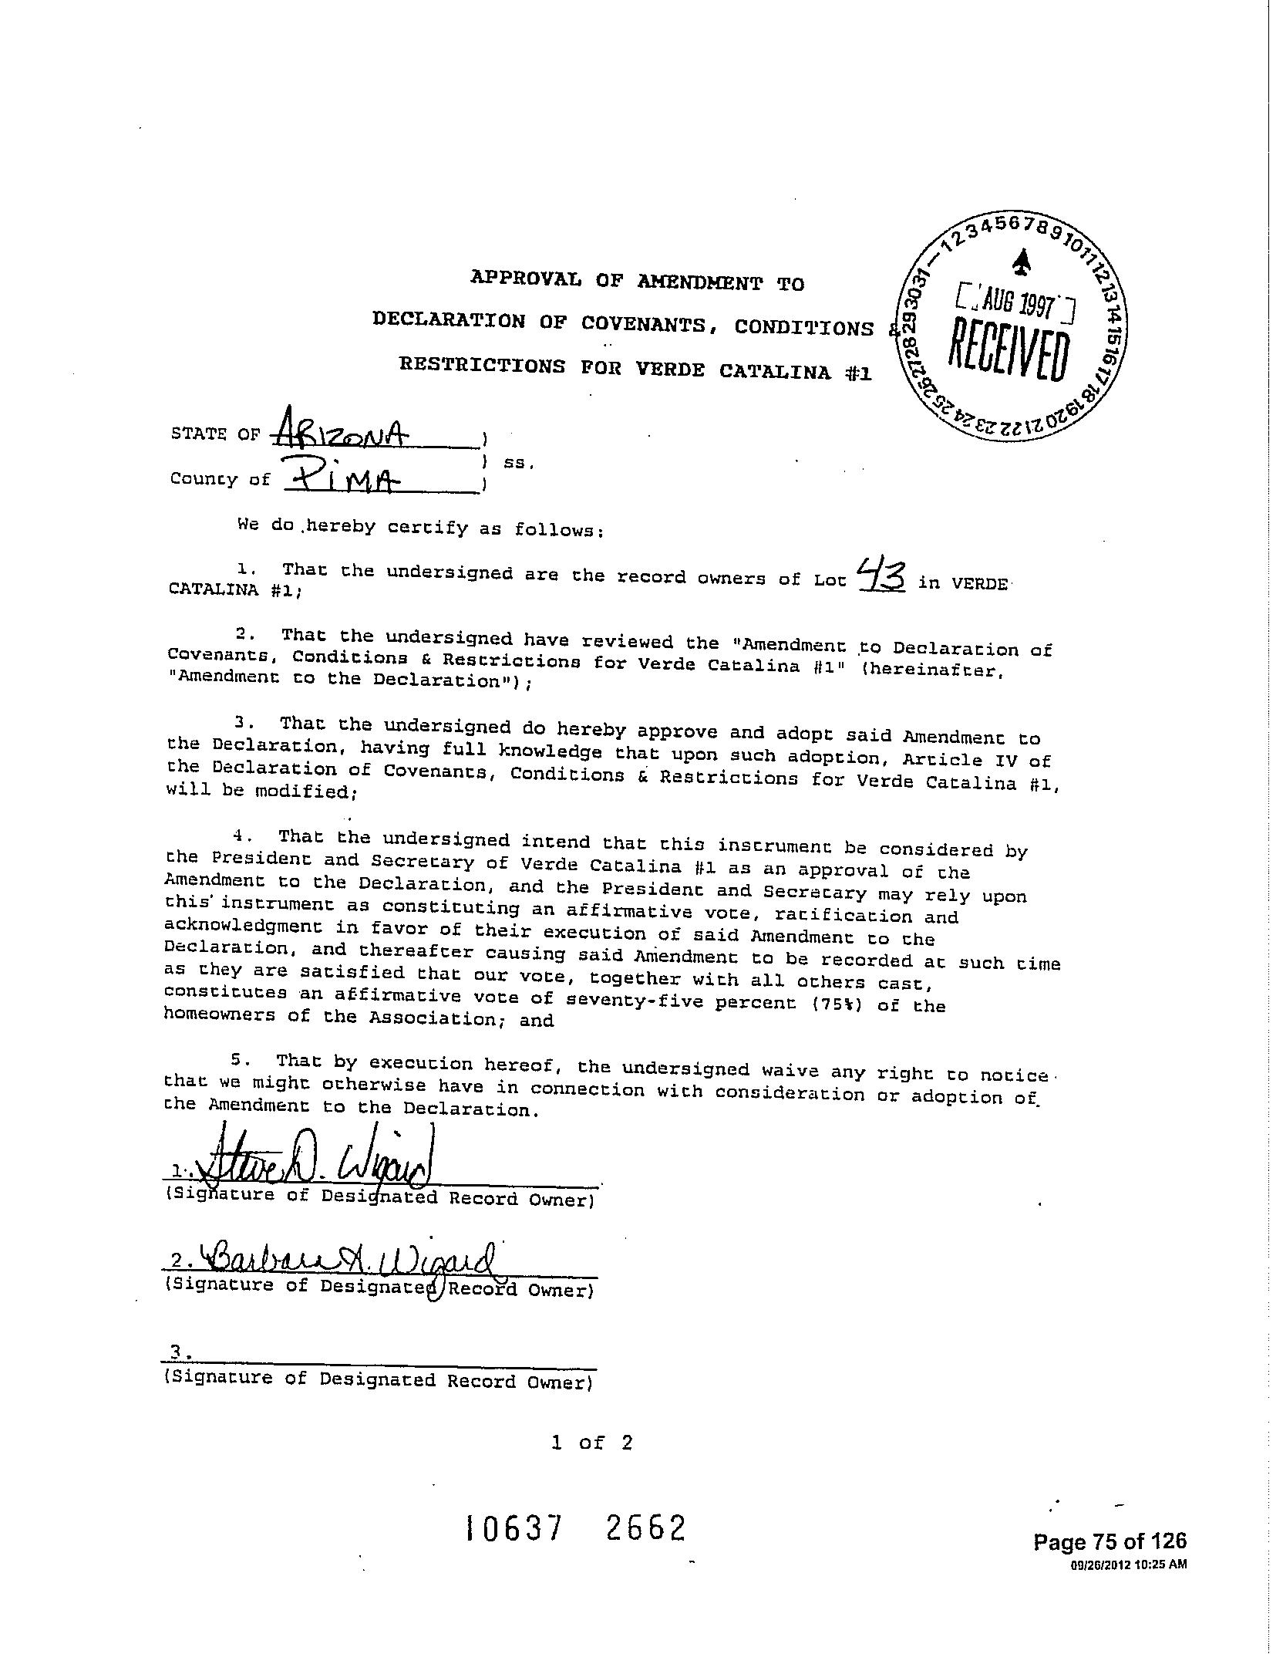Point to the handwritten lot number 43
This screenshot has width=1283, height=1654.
coord(882,576)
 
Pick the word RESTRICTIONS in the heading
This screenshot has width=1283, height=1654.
coord(482,365)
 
